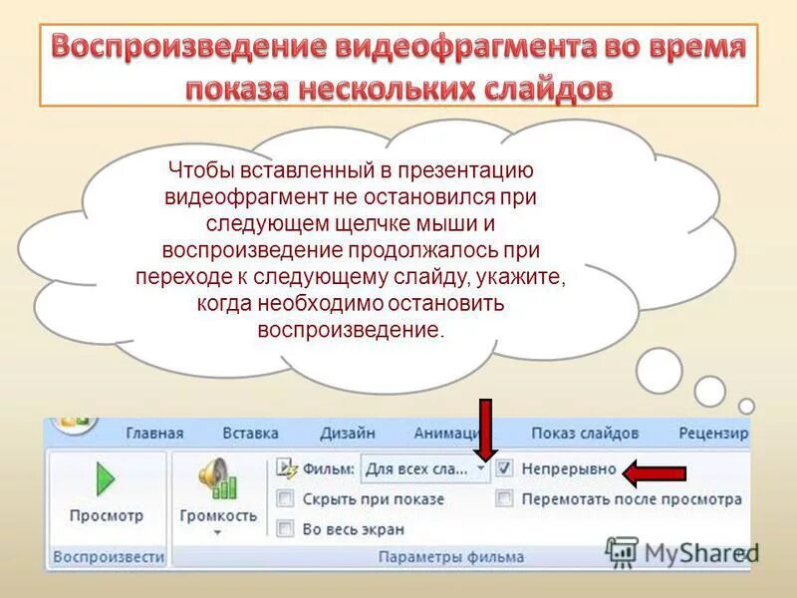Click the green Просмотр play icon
coord(106,481)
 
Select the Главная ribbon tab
coord(154,434)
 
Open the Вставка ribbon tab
coord(250,434)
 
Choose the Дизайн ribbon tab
coord(347,434)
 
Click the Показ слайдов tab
coord(584,434)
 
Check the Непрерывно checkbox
coord(505,467)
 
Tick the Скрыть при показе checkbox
coord(285,498)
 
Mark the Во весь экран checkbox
coord(285,528)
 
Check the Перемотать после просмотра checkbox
coord(505,498)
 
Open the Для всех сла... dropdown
coord(482,467)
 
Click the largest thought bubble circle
coord(659,370)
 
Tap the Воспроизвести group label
coord(108,558)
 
